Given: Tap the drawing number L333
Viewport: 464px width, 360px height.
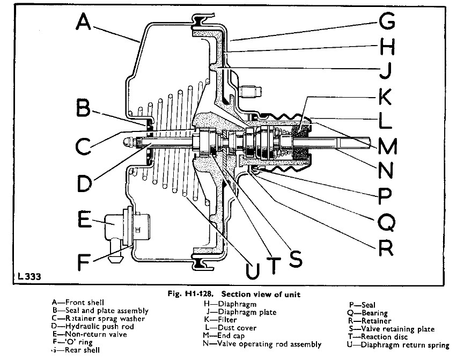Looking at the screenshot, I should [27, 277].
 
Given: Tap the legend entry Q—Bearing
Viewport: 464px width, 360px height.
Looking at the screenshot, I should [367, 313].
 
